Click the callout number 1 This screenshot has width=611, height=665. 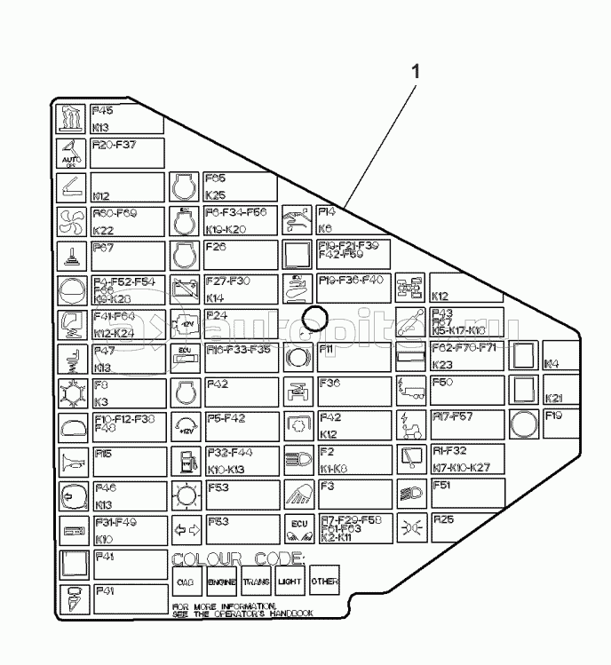(415, 72)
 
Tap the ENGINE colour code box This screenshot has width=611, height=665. (221, 582)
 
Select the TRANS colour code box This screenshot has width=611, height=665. (256, 582)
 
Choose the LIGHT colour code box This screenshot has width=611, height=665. (290, 582)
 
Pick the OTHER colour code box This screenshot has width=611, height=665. (324, 582)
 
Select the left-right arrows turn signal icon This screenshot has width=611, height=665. (184, 529)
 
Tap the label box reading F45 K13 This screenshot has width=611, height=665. (127, 118)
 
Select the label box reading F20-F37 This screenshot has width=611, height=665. (127, 153)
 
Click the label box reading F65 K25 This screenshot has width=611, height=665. (240, 186)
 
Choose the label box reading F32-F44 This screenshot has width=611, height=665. (240, 460)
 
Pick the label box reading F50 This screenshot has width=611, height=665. (467, 391)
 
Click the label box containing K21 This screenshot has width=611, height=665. (560, 391)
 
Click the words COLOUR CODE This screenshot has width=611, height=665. (238, 558)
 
